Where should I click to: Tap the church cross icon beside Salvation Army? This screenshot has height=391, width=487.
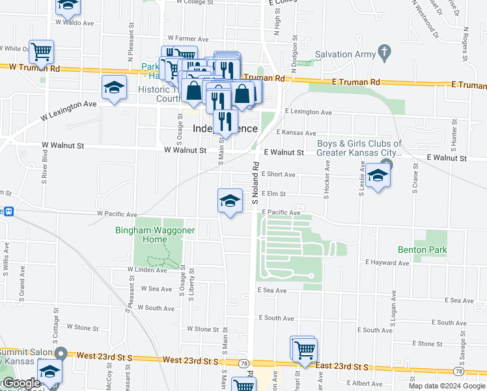385,51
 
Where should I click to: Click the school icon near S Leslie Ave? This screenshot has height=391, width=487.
378,176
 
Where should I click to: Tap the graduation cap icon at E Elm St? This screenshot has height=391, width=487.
230,201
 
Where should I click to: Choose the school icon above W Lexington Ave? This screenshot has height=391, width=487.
114,88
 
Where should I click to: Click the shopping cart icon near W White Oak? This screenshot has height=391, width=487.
42,51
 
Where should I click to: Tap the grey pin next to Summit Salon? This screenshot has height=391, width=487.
61,353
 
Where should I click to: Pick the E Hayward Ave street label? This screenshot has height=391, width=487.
387,262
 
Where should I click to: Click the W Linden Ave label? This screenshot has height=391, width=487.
147,269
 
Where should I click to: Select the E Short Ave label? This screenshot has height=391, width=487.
278,175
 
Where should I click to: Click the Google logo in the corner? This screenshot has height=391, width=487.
21,383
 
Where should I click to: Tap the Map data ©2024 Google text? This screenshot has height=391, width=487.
447,386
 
